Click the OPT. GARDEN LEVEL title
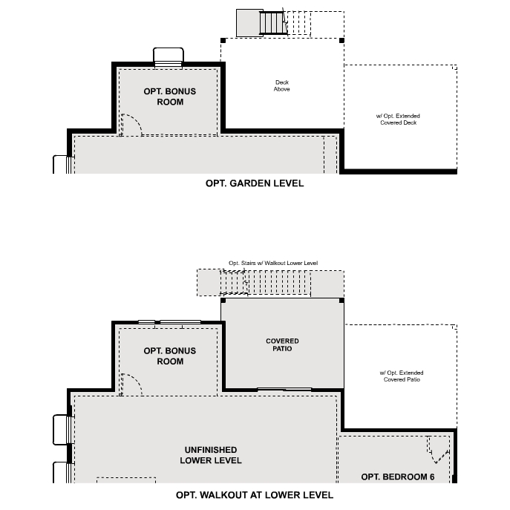[x=255, y=183]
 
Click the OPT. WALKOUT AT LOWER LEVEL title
[x=255, y=495]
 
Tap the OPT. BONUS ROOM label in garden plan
[x=170, y=97]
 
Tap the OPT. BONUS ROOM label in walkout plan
[x=170, y=356]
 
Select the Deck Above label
[x=282, y=86]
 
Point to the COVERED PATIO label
[x=282, y=345]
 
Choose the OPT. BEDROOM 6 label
[x=398, y=477]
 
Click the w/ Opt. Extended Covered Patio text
[x=402, y=376]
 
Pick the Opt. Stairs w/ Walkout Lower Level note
[x=273, y=264]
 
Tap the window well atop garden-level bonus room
[x=168, y=57]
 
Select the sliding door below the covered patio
[x=284, y=389]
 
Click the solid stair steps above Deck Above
[x=272, y=22]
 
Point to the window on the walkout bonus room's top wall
[x=170, y=322]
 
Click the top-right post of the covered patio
[x=341, y=301]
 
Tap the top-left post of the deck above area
[x=223, y=40]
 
